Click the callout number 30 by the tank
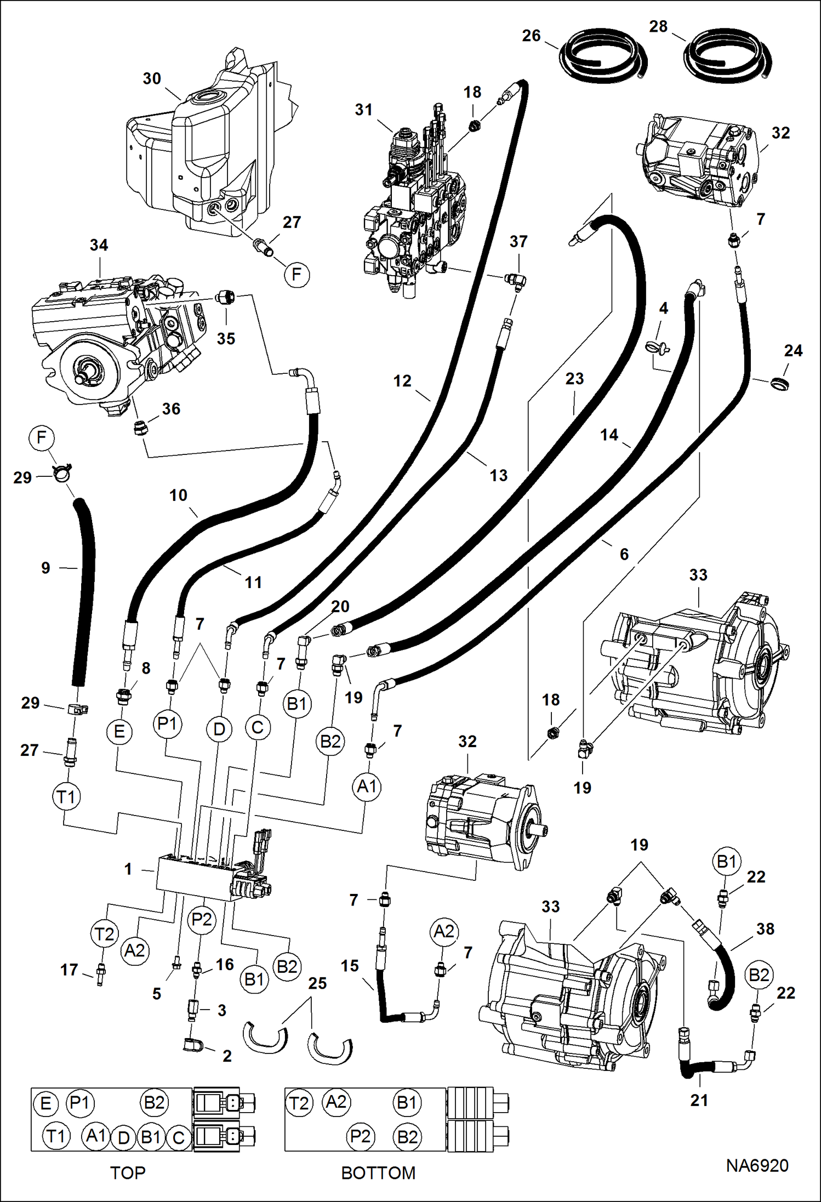(x=152, y=78)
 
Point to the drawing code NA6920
(x=757, y=1165)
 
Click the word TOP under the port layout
(x=128, y=1172)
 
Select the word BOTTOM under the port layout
(x=378, y=1172)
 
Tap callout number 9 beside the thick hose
(x=45, y=568)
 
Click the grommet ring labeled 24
(x=779, y=383)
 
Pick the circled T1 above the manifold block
(x=66, y=796)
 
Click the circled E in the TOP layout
(x=46, y=1103)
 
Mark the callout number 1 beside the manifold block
(x=128, y=869)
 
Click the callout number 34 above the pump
(x=99, y=244)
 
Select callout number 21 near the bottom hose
(x=699, y=1100)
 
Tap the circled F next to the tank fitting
(x=297, y=274)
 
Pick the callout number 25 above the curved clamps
(x=317, y=983)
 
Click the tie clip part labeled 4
(x=657, y=345)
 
